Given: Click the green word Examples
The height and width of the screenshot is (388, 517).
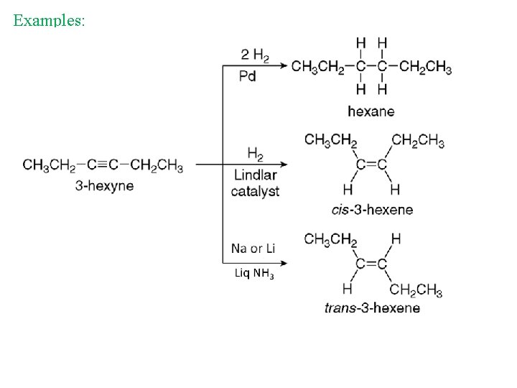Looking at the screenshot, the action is click(49, 20).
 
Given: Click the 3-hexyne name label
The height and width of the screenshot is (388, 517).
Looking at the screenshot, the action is click(105, 186).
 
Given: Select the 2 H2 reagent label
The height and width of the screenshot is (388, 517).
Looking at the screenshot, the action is click(255, 55).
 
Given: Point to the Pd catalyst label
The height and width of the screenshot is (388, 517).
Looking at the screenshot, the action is click(247, 76).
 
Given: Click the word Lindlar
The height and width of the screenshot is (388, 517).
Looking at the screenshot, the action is click(255, 175).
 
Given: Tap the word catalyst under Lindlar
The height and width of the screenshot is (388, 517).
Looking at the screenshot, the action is click(255, 191).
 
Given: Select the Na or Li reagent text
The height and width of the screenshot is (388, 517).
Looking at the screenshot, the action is click(253, 249).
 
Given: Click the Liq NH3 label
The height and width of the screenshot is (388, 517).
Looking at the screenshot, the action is click(254, 273).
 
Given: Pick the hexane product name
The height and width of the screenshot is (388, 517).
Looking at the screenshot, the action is click(371, 111).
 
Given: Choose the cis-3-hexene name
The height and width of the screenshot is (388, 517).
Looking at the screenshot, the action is click(372, 210).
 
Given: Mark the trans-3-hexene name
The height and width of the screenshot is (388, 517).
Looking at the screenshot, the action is click(372, 308).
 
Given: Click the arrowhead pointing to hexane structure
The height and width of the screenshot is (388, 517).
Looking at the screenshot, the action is click(284, 65).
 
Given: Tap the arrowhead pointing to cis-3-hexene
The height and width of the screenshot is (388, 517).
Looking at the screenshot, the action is click(284, 165).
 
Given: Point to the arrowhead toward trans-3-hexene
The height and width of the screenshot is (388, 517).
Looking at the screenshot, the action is click(284, 263).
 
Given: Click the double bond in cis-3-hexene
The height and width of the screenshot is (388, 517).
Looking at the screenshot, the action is click(371, 165).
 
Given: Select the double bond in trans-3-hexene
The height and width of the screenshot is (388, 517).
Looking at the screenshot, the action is click(371, 264).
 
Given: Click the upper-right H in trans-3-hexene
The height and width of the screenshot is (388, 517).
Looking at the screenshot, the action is click(396, 239).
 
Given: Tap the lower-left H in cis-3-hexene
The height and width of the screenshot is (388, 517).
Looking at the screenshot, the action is click(348, 190).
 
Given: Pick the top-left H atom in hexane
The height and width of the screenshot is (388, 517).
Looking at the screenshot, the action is click(360, 43).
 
